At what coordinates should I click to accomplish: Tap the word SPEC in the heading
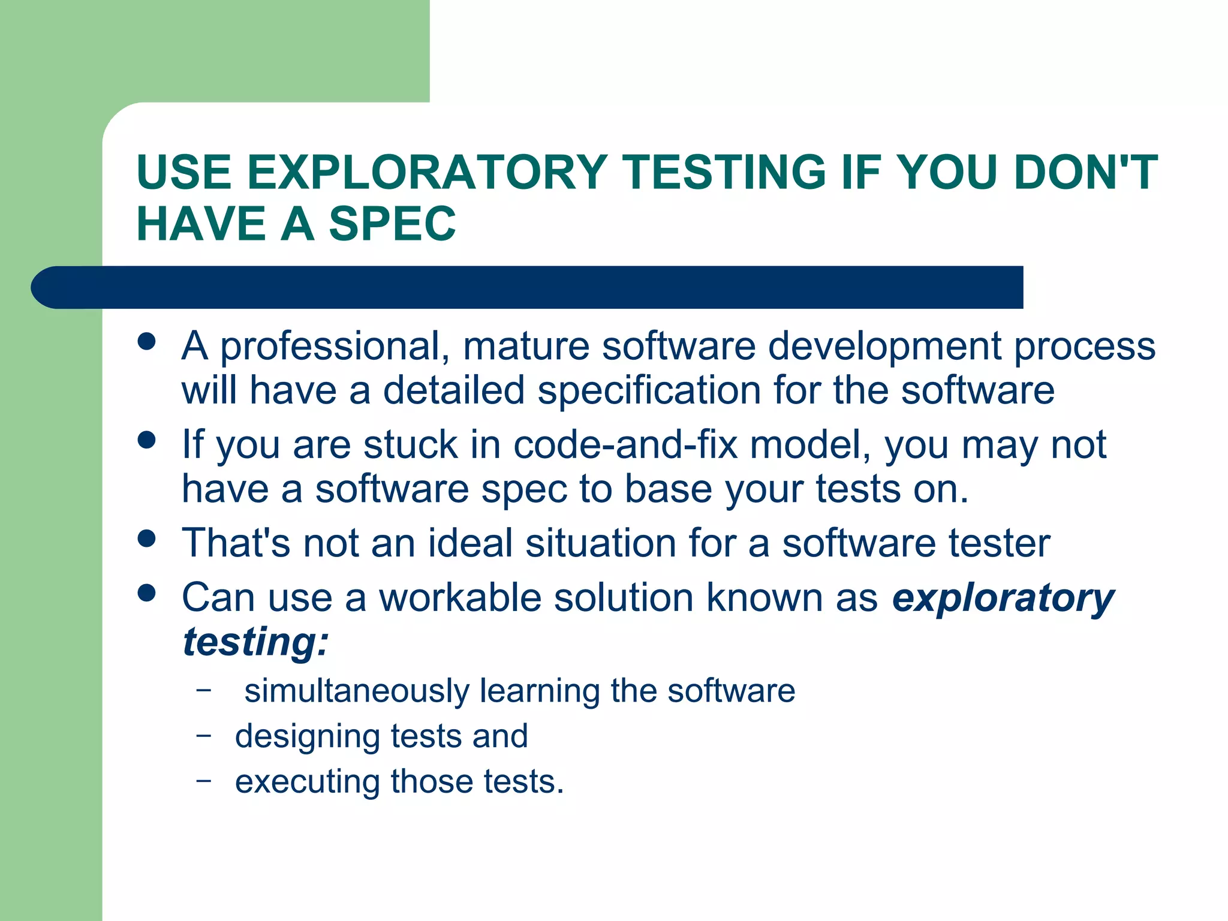tap(392, 224)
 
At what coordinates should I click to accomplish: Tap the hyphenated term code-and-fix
tap(625, 445)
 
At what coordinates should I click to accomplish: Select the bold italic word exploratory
tap(1003, 599)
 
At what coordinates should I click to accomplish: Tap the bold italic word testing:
tap(255, 642)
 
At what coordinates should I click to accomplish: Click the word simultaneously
tap(357, 691)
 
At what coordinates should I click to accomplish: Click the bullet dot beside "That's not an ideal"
tap(146, 538)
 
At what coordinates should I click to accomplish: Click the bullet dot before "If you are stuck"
tap(146, 440)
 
